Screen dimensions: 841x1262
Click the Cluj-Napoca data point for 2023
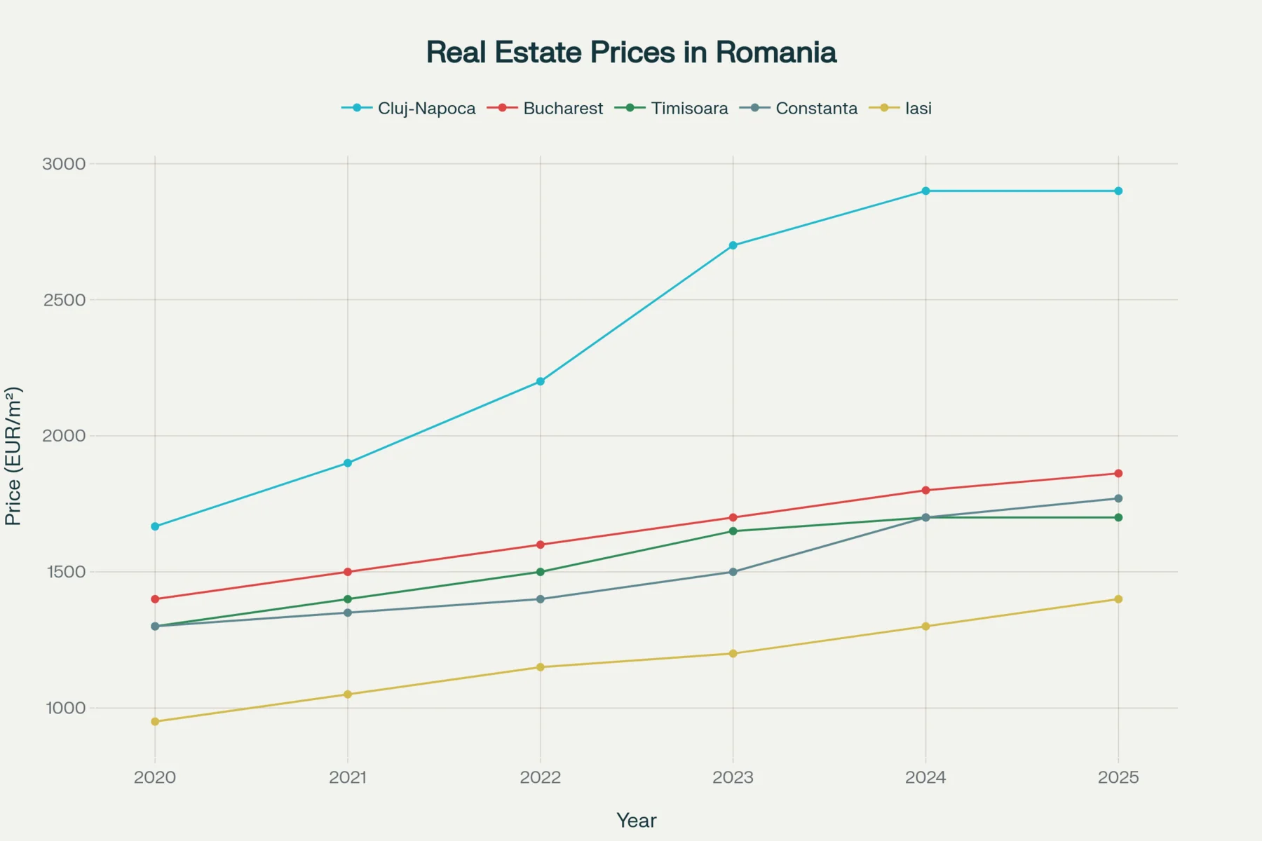pos(733,245)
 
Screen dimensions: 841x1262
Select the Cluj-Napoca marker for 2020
pos(155,526)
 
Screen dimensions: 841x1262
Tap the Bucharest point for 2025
pos(1118,474)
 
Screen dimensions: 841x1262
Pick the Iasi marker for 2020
pos(155,721)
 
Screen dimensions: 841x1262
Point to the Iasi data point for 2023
pos(733,653)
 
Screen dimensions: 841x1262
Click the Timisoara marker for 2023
pos(733,531)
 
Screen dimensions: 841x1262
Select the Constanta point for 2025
pos(1118,498)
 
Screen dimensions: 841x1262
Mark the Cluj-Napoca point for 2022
pos(540,381)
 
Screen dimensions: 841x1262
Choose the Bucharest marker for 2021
pos(348,572)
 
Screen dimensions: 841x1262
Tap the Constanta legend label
pos(816,109)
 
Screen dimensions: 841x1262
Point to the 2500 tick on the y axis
pos(64,300)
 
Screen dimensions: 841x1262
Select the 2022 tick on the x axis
pos(540,777)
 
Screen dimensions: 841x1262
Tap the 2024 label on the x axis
pos(925,777)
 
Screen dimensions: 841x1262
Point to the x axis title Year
pos(636,821)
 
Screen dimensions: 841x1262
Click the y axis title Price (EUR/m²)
pos(13,456)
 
